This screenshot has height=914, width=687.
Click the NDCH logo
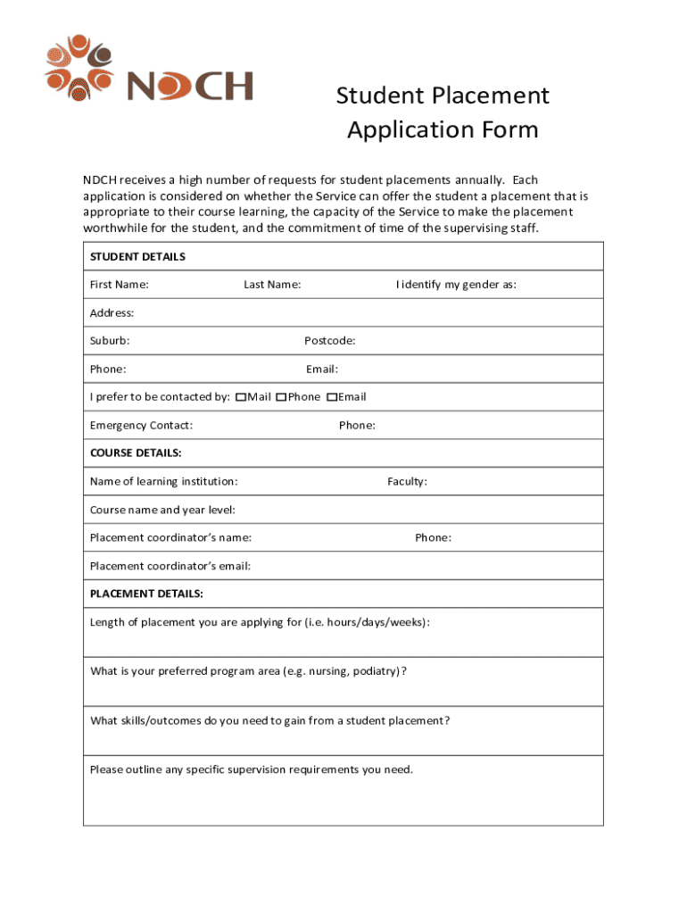coord(148,68)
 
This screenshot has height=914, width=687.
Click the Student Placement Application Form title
coord(443,112)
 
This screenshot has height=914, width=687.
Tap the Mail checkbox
coord(241,397)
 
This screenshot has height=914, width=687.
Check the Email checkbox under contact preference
coord(332,397)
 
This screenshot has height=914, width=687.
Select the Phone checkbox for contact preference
coord(281,397)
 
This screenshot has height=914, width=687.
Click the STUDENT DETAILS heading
coord(137,257)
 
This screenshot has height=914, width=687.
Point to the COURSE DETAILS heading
coord(136,453)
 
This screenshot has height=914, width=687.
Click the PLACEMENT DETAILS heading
coord(146,594)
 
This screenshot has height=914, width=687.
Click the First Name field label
coord(119,285)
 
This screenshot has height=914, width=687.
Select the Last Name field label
coord(272,285)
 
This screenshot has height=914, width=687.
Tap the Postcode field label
coord(329,341)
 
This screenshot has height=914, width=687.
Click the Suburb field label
coord(110,341)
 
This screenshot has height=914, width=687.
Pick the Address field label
coord(112,313)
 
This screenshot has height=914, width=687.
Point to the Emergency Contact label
coord(141,426)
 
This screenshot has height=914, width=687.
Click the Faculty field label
coord(407,482)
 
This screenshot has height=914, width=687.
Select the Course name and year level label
coord(162,511)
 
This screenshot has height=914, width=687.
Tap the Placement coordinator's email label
coord(170,566)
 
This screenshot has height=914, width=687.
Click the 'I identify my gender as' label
coord(456,285)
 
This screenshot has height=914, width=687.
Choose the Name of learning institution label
coord(163,482)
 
